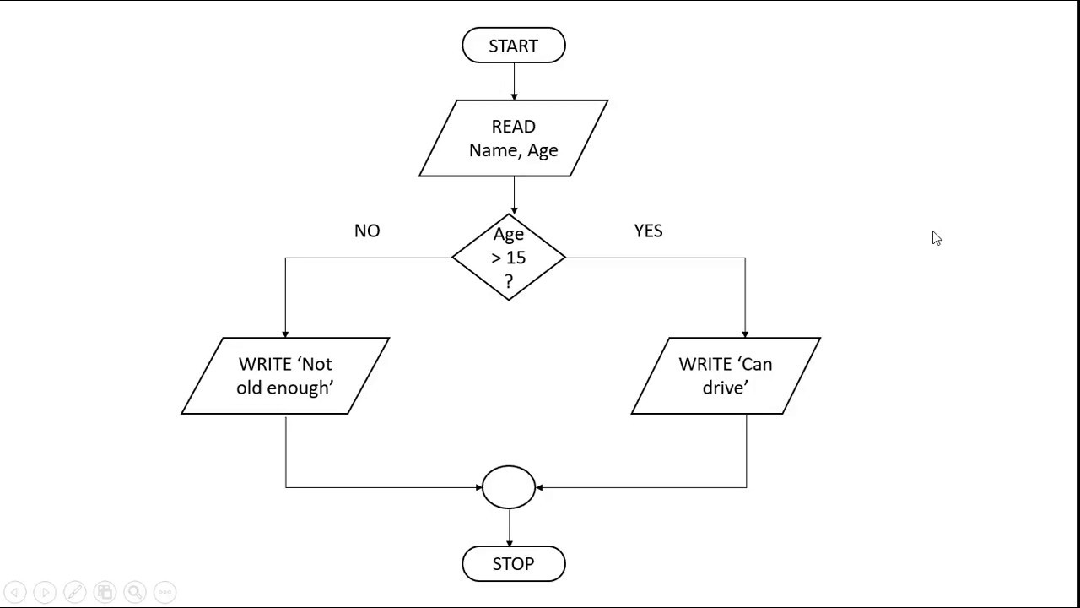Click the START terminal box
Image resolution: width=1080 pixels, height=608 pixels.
click(513, 46)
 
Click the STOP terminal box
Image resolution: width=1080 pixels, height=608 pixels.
click(513, 563)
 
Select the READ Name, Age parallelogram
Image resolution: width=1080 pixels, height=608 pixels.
click(513, 138)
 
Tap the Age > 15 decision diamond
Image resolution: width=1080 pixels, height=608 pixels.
click(509, 258)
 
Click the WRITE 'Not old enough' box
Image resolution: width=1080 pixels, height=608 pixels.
click(285, 376)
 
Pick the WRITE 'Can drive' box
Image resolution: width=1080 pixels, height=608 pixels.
click(726, 376)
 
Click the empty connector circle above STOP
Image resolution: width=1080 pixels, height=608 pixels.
click(509, 487)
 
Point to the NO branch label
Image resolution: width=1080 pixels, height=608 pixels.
click(367, 231)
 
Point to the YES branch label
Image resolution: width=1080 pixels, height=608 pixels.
click(648, 231)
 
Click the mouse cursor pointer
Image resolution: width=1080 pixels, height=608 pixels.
click(936, 238)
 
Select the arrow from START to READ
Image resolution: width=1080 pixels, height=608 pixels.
click(514, 81)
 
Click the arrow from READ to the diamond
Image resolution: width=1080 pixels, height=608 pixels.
click(514, 196)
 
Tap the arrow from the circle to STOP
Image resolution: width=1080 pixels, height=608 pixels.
click(509, 528)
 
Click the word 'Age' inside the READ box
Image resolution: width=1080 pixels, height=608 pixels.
click(543, 150)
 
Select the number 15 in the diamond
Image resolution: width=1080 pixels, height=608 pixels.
click(516, 258)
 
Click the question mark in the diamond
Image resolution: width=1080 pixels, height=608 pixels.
click(509, 282)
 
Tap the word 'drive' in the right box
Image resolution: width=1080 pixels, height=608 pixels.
click(725, 388)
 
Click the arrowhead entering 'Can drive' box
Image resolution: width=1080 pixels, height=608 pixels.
click(745, 334)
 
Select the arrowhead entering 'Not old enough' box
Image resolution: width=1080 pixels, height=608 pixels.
click(285, 334)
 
